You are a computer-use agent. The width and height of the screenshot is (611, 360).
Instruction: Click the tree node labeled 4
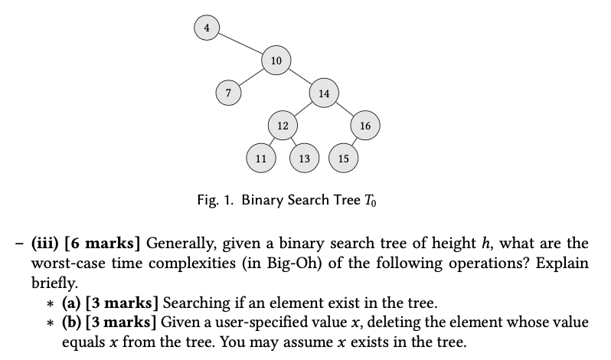(x=205, y=28)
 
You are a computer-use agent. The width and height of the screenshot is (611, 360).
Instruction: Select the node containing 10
(x=276, y=60)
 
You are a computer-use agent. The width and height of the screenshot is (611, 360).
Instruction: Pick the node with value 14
(x=324, y=93)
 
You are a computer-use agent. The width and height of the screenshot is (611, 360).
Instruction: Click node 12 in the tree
(x=282, y=125)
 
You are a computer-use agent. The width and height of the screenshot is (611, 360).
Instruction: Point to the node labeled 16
(x=364, y=125)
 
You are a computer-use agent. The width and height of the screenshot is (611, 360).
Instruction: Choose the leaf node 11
(x=260, y=159)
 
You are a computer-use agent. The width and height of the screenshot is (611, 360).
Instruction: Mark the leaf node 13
(x=304, y=159)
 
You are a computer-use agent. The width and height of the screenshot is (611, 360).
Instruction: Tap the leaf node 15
(x=343, y=159)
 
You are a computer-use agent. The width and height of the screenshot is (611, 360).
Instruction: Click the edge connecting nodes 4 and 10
(x=239, y=44)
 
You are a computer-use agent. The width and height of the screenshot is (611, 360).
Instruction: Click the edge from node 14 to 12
(x=303, y=109)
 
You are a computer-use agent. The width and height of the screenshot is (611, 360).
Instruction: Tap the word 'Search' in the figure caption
(x=306, y=201)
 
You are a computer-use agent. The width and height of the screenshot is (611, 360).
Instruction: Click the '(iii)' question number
(x=47, y=244)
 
